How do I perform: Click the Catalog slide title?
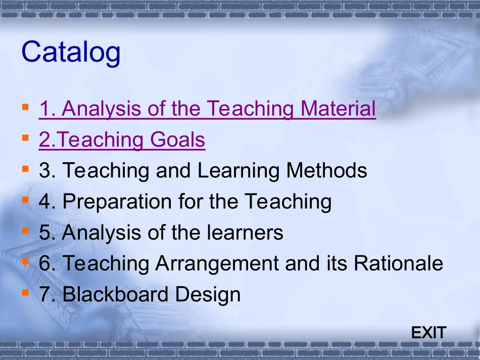(x=71, y=53)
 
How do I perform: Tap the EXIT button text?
(x=428, y=333)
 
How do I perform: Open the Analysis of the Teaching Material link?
(x=207, y=109)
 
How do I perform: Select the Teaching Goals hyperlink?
(x=122, y=140)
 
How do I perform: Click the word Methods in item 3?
(x=326, y=170)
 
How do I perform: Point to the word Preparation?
(x=117, y=202)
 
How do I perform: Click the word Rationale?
(x=398, y=263)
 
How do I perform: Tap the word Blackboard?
(x=115, y=294)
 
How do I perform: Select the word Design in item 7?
(x=208, y=295)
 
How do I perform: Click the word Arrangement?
(x=217, y=264)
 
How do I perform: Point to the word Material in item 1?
(x=338, y=108)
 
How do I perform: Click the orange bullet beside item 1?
(x=25, y=107)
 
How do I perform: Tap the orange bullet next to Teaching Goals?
(x=25, y=138)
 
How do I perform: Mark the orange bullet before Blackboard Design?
(x=25, y=293)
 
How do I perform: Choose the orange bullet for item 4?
(x=25, y=200)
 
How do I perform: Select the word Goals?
(x=177, y=139)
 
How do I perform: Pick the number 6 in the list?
(x=44, y=264)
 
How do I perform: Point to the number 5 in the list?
(x=44, y=232)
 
